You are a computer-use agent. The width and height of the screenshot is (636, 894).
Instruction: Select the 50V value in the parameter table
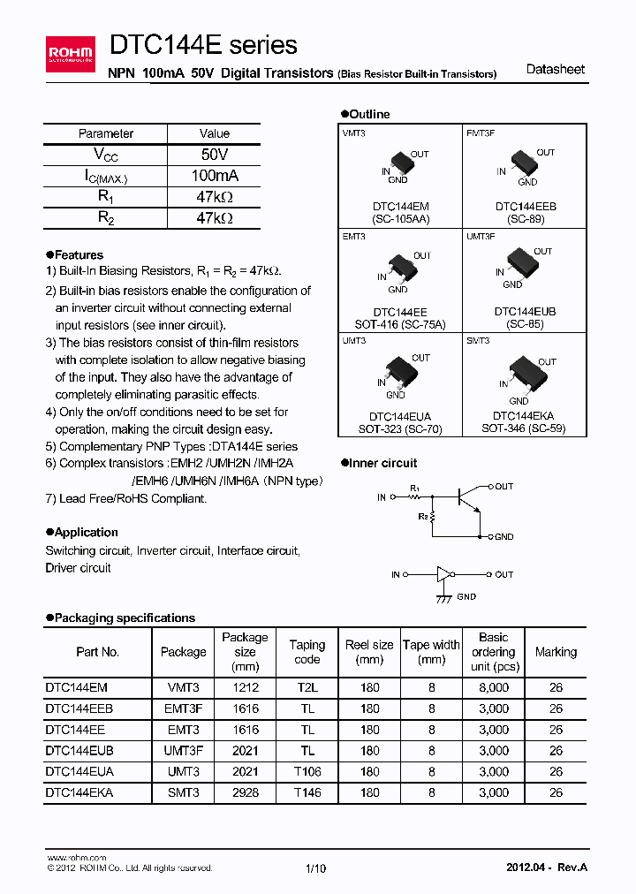(x=215, y=155)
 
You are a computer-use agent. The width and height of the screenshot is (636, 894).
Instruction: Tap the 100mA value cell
(x=215, y=176)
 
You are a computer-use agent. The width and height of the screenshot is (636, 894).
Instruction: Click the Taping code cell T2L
(x=307, y=687)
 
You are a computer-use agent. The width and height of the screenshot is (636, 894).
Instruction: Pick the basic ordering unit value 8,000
(x=494, y=687)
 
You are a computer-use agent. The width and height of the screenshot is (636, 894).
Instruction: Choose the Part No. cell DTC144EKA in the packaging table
(x=79, y=793)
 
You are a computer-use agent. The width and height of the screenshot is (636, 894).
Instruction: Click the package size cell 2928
(x=245, y=793)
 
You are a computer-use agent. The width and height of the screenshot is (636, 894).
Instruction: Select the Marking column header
(x=556, y=652)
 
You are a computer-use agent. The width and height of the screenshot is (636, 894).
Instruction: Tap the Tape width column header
(x=431, y=652)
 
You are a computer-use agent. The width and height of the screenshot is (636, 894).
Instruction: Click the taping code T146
(x=307, y=793)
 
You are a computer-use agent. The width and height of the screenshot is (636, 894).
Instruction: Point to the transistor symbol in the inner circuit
(x=466, y=499)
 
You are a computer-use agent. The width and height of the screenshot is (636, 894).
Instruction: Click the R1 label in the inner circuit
(x=415, y=488)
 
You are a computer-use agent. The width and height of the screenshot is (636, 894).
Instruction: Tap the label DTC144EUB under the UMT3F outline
(x=525, y=312)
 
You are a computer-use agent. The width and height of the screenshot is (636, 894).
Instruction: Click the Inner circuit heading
(x=383, y=463)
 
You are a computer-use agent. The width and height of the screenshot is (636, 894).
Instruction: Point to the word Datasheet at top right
(x=555, y=69)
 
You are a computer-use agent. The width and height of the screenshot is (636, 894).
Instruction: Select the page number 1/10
(x=315, y=868)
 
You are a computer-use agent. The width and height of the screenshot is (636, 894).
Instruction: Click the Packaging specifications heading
(x=125, y=617)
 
